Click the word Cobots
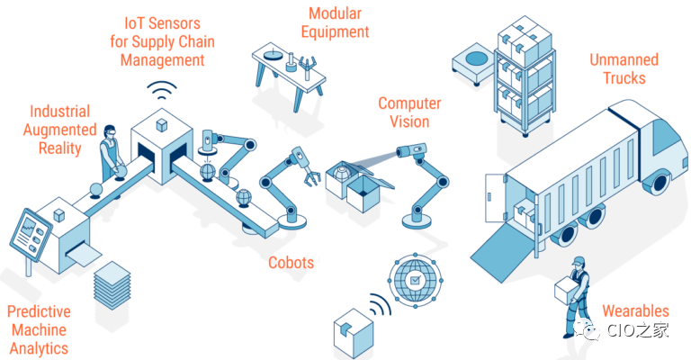point(292,263)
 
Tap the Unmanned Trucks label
point(624,68)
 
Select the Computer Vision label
point(409,112)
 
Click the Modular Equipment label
point(335,22)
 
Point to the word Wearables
point(635,311)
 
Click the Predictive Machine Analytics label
point(40,330)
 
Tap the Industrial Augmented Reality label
point(60,130)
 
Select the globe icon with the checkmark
point(415,280)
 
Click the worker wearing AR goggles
point(110,152)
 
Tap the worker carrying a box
point(575,297)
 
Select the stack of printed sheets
point(112,284)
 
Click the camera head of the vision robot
point(411,150)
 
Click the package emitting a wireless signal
point(354,334)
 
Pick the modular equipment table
point(289,75)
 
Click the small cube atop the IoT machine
point(162,125)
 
